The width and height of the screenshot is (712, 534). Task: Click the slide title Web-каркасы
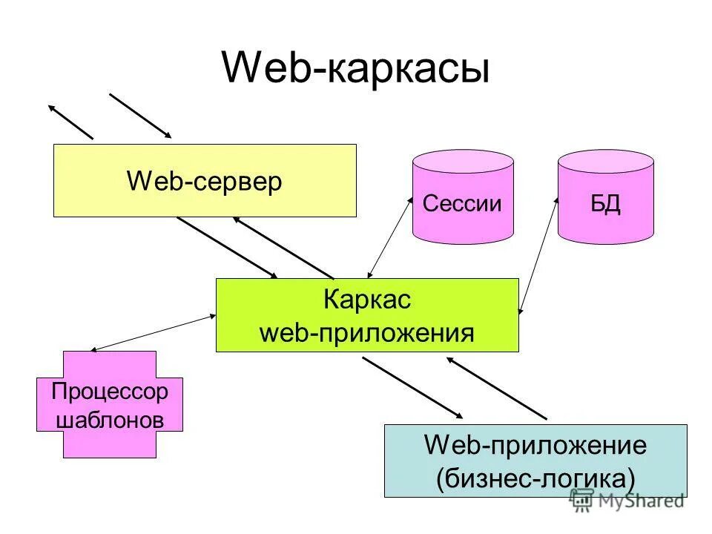pos(355,69)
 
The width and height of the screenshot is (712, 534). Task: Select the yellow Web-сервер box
pos(205,181)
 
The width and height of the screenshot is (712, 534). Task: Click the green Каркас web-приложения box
pos(367,315)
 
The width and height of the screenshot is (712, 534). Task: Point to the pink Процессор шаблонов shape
pos(110,404)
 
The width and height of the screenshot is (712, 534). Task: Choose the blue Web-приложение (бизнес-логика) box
pos(535,461)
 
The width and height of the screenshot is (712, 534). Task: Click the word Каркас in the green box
pos(367,300)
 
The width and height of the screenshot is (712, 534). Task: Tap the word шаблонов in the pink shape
pos(110,420)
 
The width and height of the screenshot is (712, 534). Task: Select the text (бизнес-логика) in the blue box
pos(535,476)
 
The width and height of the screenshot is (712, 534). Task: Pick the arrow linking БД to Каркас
pos(539,256)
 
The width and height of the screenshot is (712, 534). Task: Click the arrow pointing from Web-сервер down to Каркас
pos(226,248)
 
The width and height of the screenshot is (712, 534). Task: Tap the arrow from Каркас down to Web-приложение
pos(412,387)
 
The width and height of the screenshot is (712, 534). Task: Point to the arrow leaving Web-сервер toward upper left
pos(71,122)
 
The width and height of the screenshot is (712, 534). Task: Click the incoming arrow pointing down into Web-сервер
pos(140,116)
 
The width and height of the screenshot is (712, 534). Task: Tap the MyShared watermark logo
pos(627,501)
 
